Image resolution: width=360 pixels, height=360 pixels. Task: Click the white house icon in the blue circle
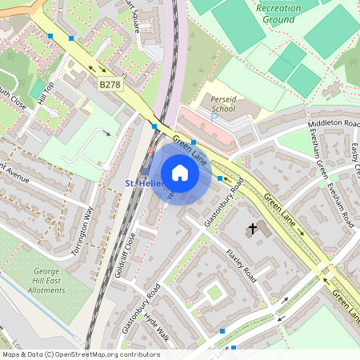(x=180, y=173)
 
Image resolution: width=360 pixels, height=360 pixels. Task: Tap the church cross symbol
(x=253, y=229)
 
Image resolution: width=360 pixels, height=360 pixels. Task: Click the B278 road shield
(x=110, y=84)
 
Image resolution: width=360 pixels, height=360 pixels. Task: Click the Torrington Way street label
(x=82, y=230)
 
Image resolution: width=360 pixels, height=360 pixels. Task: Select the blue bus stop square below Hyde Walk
(x=222, y=330)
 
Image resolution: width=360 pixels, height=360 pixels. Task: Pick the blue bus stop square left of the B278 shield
(x=72, y=38)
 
